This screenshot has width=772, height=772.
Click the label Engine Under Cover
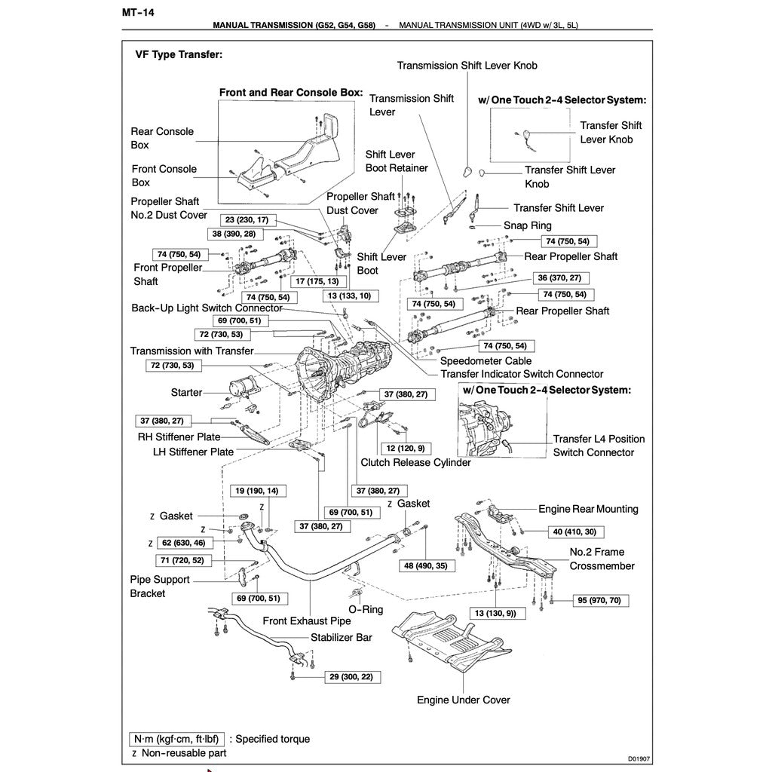tap(464, 700)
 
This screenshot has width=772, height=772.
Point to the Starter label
tap(186, 392)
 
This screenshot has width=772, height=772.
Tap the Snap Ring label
tap(528, 225)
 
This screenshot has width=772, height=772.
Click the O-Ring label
tap(366, 609)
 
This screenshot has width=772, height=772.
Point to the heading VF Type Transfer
tap(179, 55)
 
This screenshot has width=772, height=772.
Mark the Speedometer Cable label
tap(486, 361)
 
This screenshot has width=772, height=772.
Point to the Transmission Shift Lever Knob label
tap(467, 66)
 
